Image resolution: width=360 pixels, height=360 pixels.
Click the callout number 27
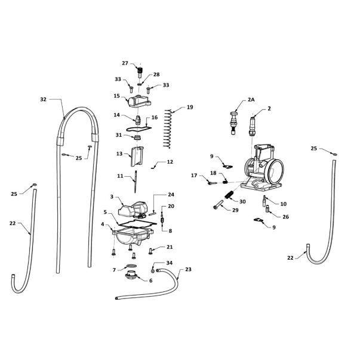[125, 63]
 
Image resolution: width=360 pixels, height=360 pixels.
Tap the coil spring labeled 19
[168, 128]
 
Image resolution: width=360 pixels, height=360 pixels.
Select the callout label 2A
[251, 100]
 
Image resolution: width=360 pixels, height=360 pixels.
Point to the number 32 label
[43, 100]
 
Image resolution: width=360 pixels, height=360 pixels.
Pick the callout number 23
[188, 269]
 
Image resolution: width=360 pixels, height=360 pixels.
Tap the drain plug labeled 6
[131, 275]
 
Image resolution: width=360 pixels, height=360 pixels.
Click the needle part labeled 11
[136, 182]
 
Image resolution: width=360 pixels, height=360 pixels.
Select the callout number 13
[119, 153]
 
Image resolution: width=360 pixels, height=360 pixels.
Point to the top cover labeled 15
[139, 101]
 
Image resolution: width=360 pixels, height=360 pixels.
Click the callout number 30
[242, 202]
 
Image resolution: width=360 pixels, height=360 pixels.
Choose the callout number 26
[285, 217]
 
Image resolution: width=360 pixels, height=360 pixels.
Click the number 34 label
[169, 263]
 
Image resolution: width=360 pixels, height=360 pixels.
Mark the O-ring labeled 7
[131, 266]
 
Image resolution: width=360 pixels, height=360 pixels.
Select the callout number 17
[194, 176]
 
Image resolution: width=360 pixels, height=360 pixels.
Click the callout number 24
[171, 195]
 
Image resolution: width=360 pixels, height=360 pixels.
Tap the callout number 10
[284, 204]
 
